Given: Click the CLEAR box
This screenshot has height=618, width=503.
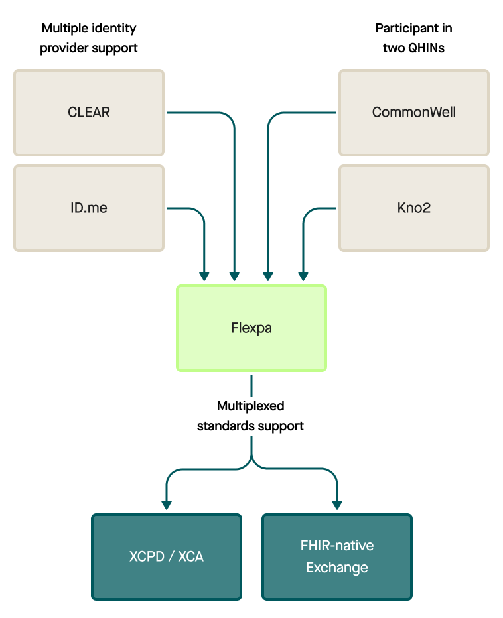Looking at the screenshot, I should pos(89,113).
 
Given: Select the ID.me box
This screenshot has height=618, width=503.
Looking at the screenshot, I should pos(89,208).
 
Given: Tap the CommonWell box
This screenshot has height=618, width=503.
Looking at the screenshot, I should pos(413,113).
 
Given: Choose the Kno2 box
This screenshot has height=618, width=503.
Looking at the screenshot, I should pos(413,208).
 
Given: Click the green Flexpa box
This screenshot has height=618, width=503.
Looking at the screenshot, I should pos(251,328).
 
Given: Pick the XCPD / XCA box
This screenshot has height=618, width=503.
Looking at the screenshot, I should pos(166,556).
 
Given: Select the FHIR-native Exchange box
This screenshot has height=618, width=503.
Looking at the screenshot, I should pos(337,556).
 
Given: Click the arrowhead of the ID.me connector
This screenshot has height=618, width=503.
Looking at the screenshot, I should pos(204,275).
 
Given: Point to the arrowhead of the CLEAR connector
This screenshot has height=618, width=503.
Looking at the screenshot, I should pos(234,275).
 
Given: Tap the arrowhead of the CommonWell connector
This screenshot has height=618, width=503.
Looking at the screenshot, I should pos(268,275).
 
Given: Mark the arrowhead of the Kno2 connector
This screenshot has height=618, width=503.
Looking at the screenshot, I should pos(303,275).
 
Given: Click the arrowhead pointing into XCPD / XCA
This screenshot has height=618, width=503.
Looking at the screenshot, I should pos(166,505).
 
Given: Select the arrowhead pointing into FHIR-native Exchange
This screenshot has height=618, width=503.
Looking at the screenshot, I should pos(337,505).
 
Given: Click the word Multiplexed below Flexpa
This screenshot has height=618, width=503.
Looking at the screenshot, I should pos(250,406).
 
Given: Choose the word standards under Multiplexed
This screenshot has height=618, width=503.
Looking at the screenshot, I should pos(224,426).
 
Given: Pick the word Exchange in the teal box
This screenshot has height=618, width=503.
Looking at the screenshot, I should pos(337,568).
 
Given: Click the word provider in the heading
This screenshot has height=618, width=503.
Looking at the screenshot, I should pos(64,48).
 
